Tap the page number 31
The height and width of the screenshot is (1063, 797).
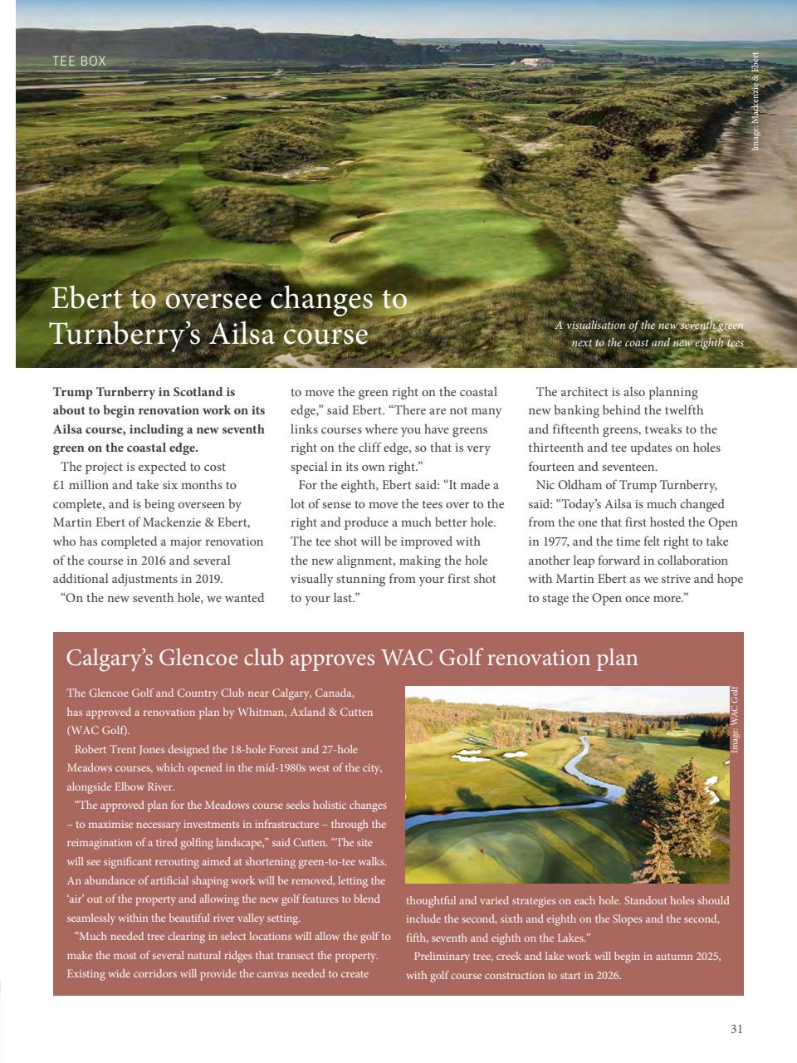[736, 1029]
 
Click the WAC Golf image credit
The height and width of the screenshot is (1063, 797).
[735, 719]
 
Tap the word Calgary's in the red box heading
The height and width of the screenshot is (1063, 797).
[108, 658]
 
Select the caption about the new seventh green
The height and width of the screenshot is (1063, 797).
[650, 334]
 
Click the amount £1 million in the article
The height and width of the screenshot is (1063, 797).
[86, 485]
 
